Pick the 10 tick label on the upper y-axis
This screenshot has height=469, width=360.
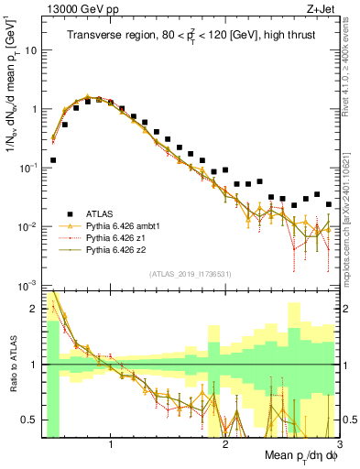click(x=29, y=50)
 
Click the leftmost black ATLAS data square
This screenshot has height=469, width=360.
click(x=53, y=159)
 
